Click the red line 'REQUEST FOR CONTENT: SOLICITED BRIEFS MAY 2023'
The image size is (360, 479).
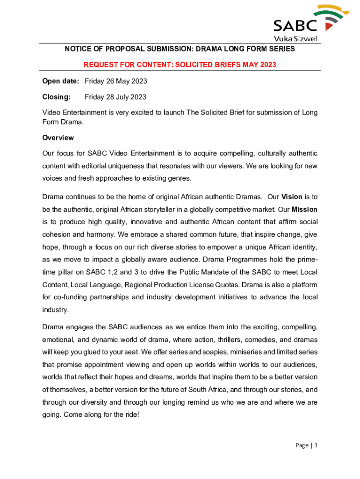pos(180,65)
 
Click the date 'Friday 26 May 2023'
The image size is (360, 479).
pos(116,81)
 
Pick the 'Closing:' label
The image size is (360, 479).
pos(57,97)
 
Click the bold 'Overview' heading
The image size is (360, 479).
pos(58,138)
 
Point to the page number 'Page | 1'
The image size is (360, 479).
pos(306,445)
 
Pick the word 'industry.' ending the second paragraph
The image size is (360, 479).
pos(55,310)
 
